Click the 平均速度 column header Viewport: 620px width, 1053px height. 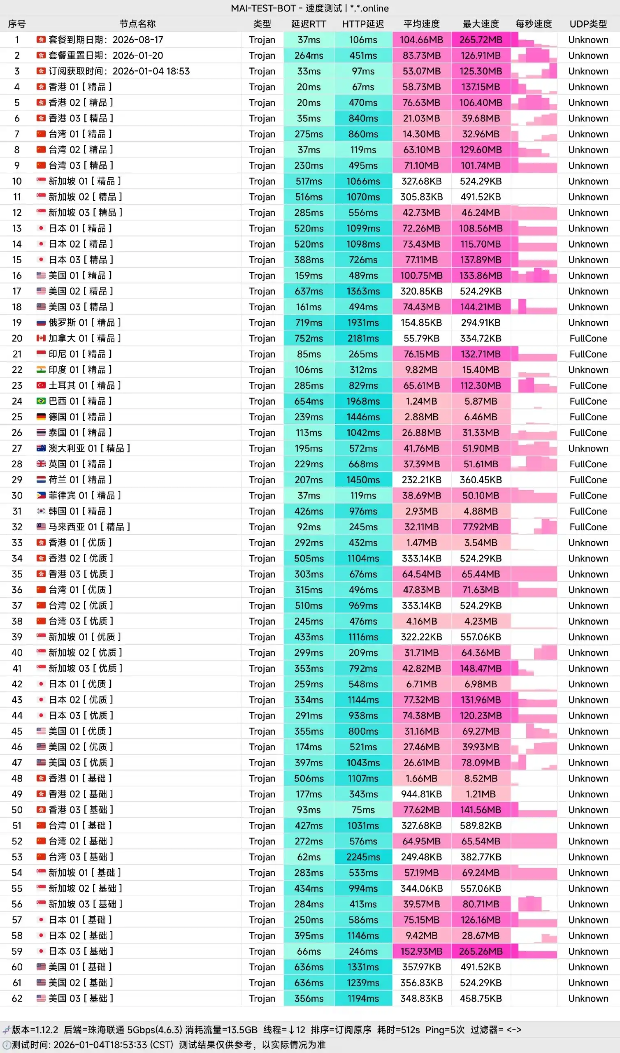coord(421,24)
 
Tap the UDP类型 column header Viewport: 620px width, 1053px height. coord(588,24)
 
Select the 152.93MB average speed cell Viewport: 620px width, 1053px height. coord(421,951)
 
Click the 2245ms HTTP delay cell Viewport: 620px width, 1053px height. coord(363,857)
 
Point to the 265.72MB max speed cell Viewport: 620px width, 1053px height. coord(481,40)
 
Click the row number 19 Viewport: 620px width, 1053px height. coord(17,322)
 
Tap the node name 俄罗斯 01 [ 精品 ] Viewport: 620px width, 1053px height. coord(84,322)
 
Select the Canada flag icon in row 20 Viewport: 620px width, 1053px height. coord(41,338)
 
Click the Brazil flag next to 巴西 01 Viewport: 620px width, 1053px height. coord(41,401)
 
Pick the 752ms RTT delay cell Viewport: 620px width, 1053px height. coord(309,338)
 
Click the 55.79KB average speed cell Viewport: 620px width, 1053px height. coord(421,338)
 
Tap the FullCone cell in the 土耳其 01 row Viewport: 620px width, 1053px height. coord(588,385)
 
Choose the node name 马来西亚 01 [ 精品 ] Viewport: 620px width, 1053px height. coord(89,526)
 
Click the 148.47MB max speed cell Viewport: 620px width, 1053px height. coord(481,668)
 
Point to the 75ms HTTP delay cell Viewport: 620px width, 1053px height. coord(363,810)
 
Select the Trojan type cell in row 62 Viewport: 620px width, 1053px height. coord(262,998)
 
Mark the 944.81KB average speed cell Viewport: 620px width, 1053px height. coord(421,794)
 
